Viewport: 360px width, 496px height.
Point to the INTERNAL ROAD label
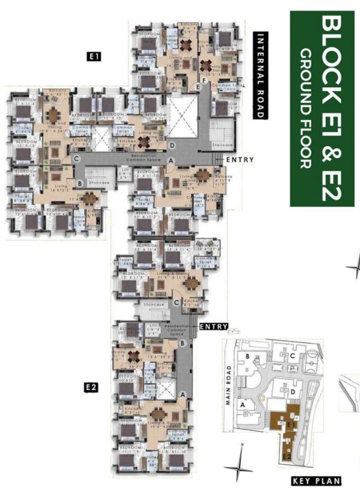[261, 76]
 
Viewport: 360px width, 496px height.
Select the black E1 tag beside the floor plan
[94, 57]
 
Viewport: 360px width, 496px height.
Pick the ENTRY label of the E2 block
[214, 327]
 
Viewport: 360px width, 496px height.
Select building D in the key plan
[293, 391]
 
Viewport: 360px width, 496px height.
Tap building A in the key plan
[243, 404]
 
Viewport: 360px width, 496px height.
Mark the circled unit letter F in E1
[204, 80]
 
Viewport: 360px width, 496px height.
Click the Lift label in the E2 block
[153, 329]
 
